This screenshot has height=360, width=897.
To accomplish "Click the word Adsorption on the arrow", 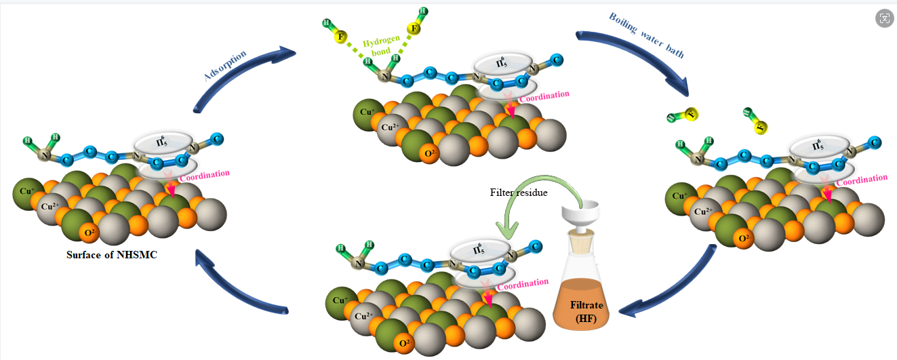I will (x=225, y=66).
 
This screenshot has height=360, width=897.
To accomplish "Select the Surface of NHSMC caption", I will (x=112, y=256).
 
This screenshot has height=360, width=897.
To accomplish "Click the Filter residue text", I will (x=519, y=193).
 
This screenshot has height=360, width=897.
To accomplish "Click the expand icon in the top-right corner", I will (x=883, y=18).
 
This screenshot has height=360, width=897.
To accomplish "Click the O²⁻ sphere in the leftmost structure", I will (x=89, y=233).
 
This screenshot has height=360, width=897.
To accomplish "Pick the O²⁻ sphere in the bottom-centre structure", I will (x=405, y=343).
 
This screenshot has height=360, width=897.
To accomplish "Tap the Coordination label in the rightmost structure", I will (x=861, y=179).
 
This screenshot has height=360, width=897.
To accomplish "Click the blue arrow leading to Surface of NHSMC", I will (x=244, y=285).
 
